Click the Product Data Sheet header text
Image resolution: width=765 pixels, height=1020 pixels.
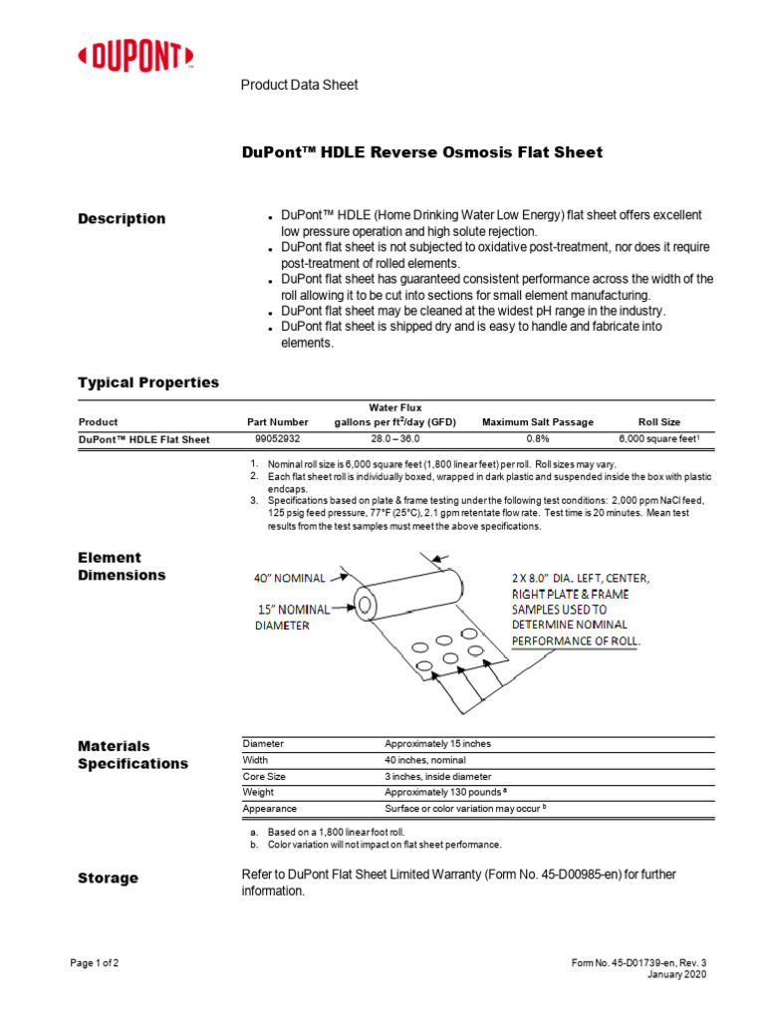click(299, 86)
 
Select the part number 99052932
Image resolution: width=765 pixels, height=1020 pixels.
click(278, 439)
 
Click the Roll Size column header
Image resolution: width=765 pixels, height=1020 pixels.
click(659, 422)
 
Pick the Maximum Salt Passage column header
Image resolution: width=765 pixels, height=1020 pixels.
click(539, 422)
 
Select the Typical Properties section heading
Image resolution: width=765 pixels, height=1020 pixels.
click(148, 382)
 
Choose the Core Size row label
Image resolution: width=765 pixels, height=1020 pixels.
click(264, 776)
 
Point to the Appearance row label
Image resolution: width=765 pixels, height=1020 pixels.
click(269, 809)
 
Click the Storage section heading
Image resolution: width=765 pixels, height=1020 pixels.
click(108, 879)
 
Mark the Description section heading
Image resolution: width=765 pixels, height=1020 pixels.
click(122, 219)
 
